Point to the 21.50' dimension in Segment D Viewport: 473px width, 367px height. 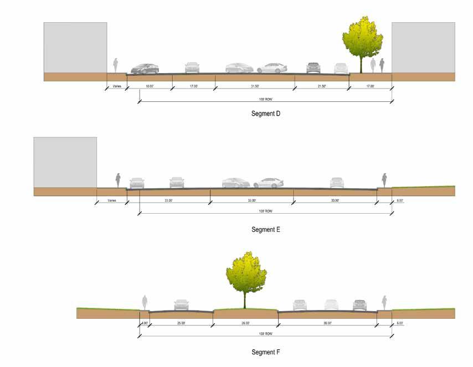[322, 87]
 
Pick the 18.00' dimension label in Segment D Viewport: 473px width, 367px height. [150, 87]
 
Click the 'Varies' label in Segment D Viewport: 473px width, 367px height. [117, 87]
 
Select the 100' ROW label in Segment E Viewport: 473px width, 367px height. [266, 211]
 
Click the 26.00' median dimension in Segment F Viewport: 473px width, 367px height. [245, 323]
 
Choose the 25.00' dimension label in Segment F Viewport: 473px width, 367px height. [181, 323]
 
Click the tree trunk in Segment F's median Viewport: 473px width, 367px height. [245, 299]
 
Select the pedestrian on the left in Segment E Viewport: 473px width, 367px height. [118, 181]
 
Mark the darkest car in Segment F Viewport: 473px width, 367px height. [360, 305]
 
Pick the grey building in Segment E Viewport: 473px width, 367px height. [65, 162]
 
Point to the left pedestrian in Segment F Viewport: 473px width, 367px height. [145, 302]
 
